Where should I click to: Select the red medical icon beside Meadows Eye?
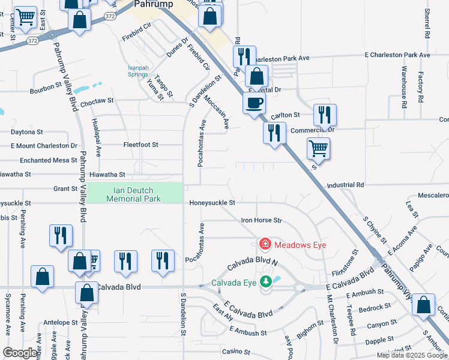point(264,244)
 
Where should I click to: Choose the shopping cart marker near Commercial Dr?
point(318,148)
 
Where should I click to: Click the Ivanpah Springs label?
point(138,71)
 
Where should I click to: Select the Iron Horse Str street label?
point(261,220)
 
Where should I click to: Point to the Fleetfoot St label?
point(140,145)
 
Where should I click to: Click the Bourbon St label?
point(46,91)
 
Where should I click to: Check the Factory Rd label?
point(421,86)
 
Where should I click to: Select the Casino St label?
point(235,352)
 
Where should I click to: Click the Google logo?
point(20,353)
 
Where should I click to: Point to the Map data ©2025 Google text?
point(412,355)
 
